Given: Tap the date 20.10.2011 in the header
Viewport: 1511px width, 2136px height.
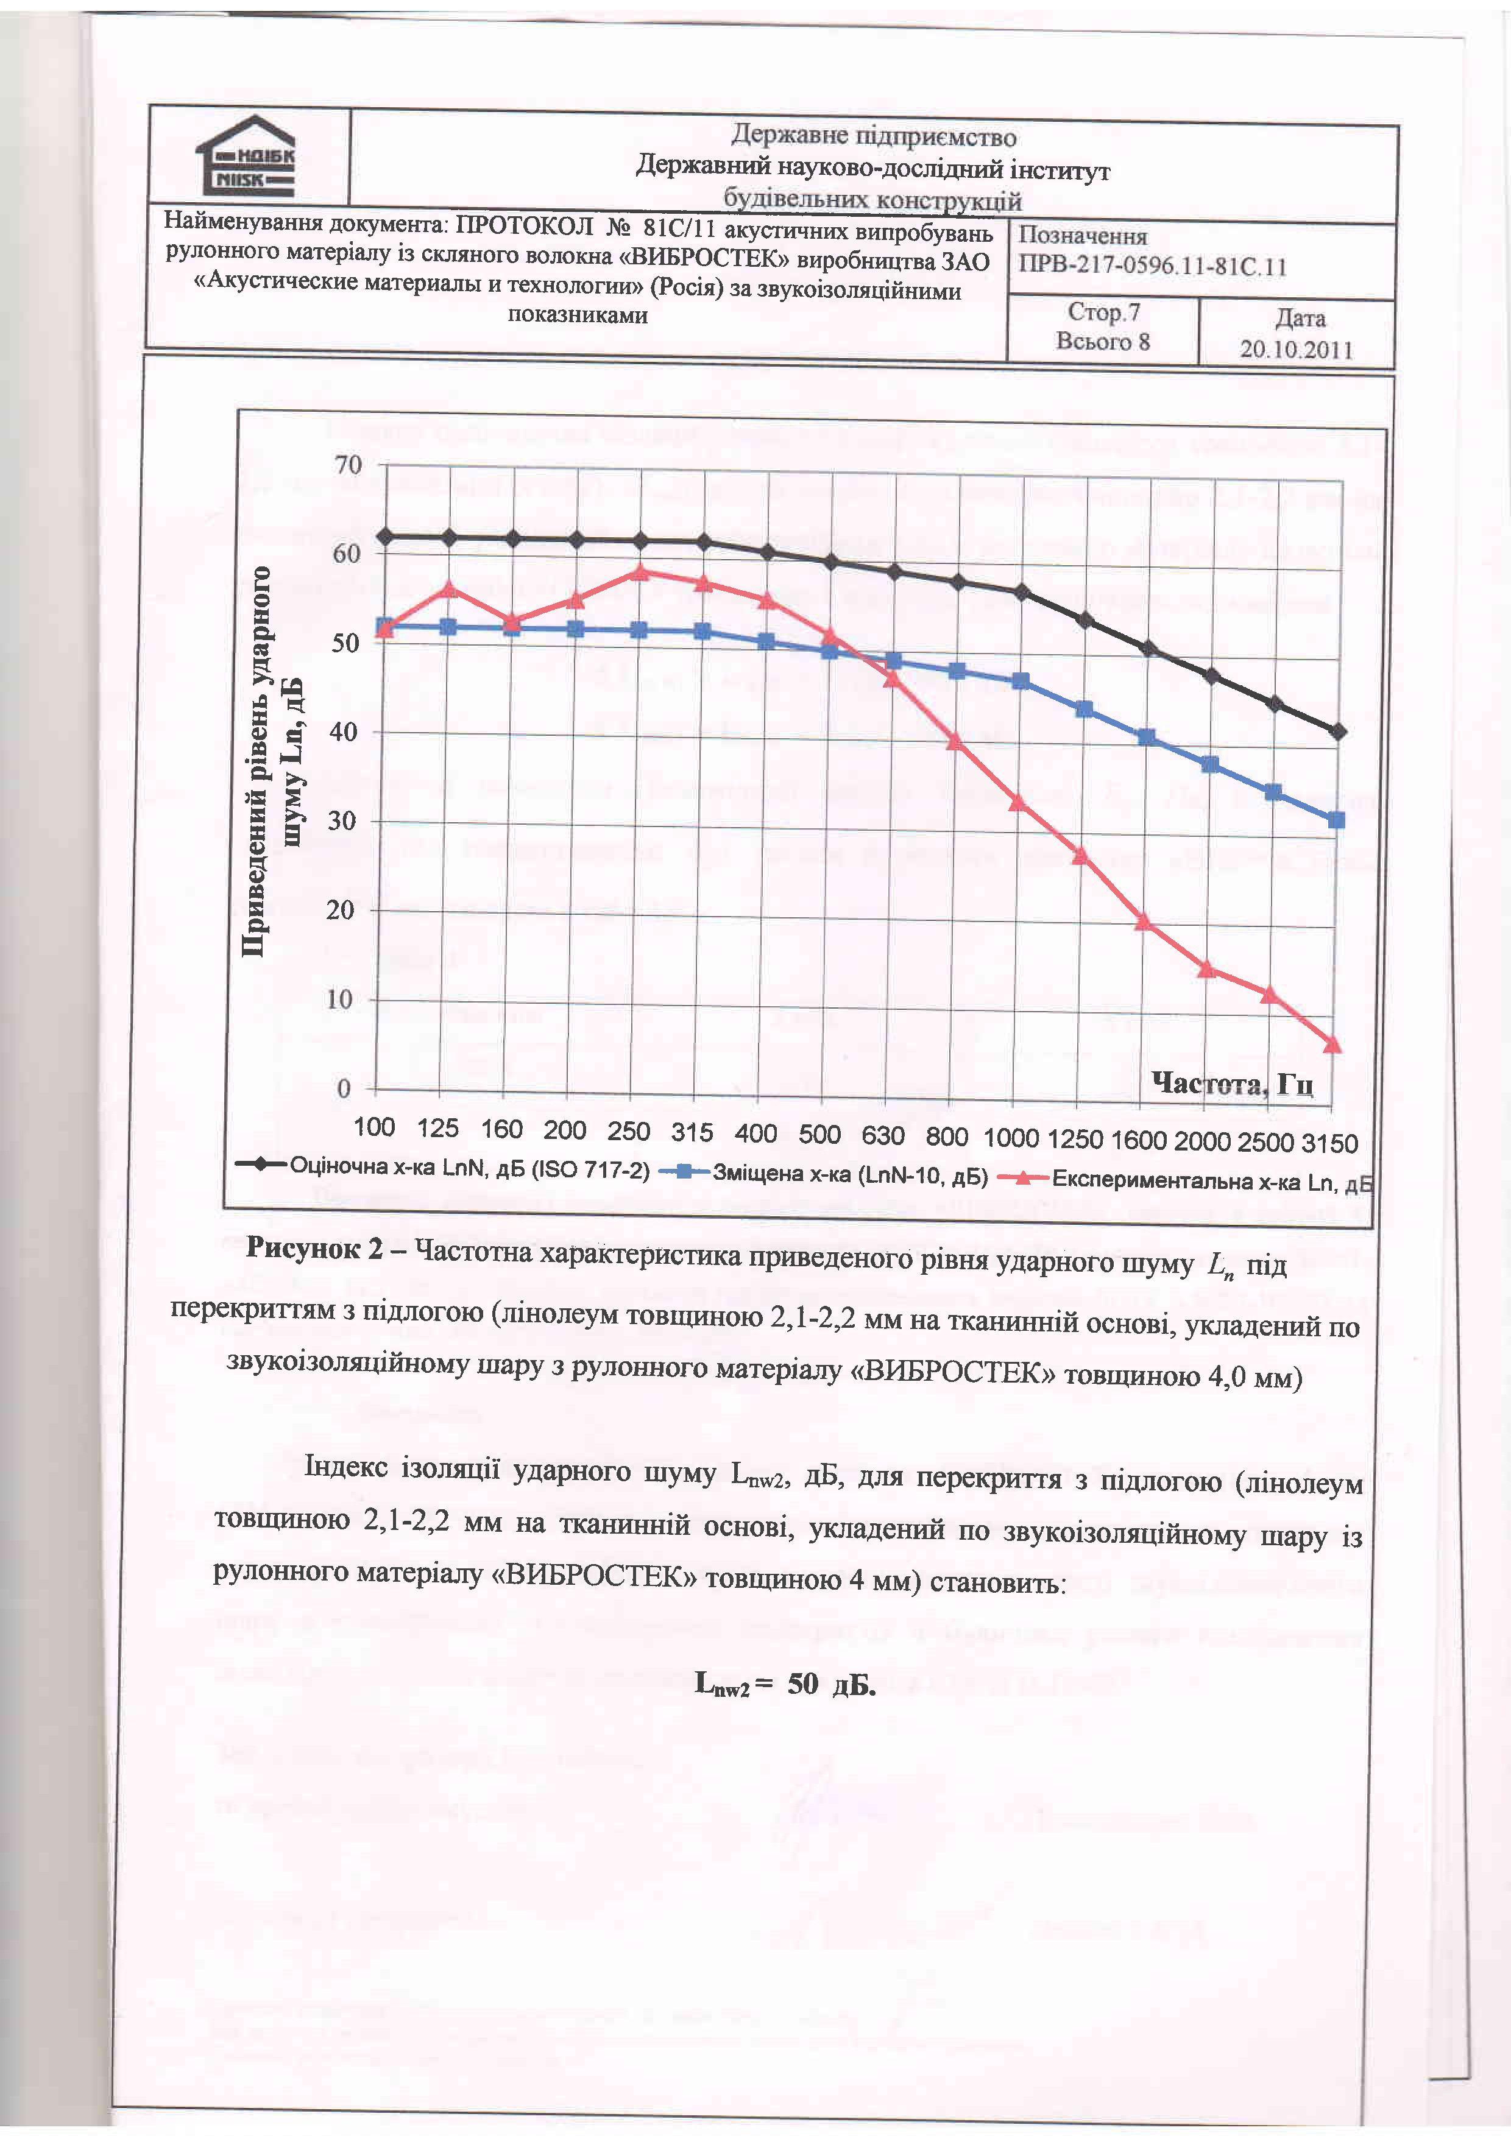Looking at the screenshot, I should tap(1296, 350).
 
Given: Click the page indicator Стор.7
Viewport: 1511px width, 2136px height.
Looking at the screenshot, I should tap(1103, 312).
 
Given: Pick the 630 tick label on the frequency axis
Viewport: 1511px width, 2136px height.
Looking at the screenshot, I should tap(882, 1135).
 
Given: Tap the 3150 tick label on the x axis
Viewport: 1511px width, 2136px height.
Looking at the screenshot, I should tap(1331, 1143).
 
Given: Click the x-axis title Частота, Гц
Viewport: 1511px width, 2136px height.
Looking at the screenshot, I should tap(1232, 1084).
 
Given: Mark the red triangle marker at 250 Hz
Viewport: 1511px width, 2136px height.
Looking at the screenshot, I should tap(639, 572).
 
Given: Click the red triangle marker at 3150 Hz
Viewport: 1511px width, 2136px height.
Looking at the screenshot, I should tap(1332, 1045).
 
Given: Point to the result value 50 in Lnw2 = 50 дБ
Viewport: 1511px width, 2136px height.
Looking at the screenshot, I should tap(802, 1685).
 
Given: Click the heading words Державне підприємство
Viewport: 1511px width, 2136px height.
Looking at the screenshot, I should tap(872, 136).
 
